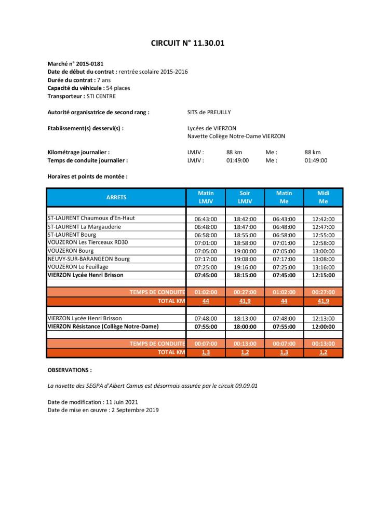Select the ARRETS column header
116,197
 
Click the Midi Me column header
323,197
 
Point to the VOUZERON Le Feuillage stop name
78,267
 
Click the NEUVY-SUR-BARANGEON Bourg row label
88,259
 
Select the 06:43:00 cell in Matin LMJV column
206,219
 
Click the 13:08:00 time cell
323,259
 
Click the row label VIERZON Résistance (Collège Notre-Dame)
103,326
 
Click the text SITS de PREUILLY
209,112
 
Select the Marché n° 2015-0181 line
72,63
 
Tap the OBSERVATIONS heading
69,371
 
